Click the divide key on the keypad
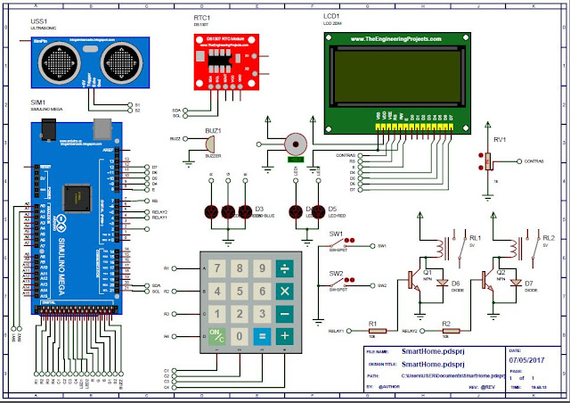pos(285,267)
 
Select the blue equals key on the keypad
pos(262,336)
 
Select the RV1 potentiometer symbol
pos(487,160)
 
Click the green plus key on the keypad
pos(285,336)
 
